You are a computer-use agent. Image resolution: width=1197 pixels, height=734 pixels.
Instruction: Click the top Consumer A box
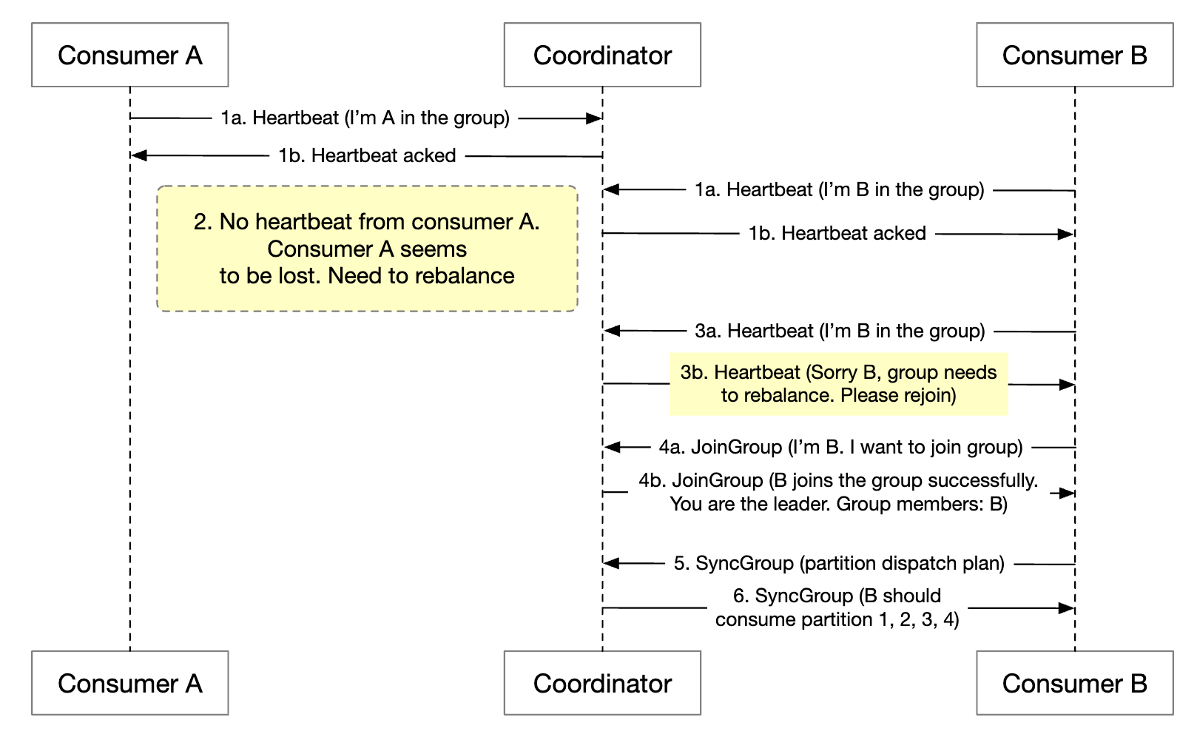pyautogui.click(x=129, y=55)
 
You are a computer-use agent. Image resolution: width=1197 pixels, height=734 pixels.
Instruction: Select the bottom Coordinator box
pyautogui.click(x=602, y=683)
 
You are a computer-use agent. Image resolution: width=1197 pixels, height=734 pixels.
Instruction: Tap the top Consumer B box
pyautogui.click(x=1074, y=55)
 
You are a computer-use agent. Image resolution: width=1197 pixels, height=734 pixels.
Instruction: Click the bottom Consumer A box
pyautogui.click(x=129, y=683)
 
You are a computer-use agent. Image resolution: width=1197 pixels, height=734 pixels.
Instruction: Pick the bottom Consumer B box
pyautogui.click(x=1074, y=683)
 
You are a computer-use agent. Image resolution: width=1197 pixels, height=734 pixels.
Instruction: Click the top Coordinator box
pyautogui.click(x=602, y=55)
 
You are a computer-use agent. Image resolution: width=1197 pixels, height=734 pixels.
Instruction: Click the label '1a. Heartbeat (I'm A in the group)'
pyautogui.click(x=365, y=118)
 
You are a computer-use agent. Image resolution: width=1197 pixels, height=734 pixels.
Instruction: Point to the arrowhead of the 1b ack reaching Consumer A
pyautogui.click(x=138, y=155)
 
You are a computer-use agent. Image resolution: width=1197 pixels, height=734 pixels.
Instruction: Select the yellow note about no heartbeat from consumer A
pyautogui.click(x=367, y=249)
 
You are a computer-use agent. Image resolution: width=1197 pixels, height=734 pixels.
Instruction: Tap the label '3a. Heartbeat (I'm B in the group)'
pyautogui.click(x=840, y=331)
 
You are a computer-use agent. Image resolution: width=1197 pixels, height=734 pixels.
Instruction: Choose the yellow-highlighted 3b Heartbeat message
pyautogui.click(x=838, y=383)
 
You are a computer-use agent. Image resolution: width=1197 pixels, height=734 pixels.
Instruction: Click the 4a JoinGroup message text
pyautogui.click(x=840, y=447)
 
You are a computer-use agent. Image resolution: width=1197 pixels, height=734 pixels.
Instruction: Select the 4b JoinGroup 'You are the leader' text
pyautogui.click(x=838, y=505)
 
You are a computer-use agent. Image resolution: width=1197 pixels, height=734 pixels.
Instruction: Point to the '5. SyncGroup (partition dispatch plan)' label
pyautogui.click(x=839, y=563)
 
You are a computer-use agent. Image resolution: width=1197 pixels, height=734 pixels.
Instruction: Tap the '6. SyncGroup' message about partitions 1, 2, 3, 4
pyautogui.click(x=837, y=607)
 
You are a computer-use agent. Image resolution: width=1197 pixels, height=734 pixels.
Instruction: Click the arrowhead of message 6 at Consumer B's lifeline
pyautogui.click(x=1067, y=608)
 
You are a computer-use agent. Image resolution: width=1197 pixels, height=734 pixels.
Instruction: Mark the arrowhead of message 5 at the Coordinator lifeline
pyautogui.click(x=611, y=563)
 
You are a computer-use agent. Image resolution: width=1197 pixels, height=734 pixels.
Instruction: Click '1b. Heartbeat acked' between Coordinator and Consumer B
pyautogui.click(x=837, y=234)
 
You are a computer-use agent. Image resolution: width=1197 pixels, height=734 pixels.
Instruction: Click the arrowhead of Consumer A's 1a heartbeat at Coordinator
pyautogui.click(x=594, y=118)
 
